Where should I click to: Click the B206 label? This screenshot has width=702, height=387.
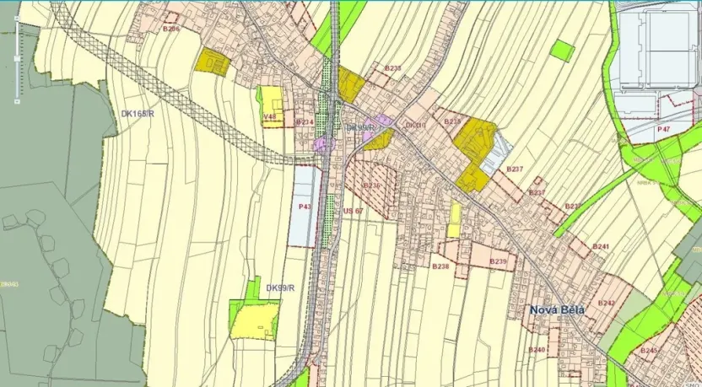[x=171, y=29]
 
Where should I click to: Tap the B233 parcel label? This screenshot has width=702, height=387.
[x=392, y=67]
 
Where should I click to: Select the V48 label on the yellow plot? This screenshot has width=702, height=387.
[x=270, y=116]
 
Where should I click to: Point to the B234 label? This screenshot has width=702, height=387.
[x=305, y=122]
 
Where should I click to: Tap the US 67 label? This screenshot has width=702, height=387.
[x=353, y=211]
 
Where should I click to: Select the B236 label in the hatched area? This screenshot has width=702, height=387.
[x=372, y=185]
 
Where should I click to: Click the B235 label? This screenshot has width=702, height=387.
[x=453, y=122]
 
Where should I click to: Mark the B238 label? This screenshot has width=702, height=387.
[x=440, y=266]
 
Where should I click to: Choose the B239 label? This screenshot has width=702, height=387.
[x=498, y=261]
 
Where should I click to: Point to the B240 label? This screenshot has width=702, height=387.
[x=537, y=349]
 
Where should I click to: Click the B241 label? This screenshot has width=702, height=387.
[x=601, y=246]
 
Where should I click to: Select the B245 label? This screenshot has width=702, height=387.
[x=649, y=349]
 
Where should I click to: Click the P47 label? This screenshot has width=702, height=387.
[x=664, y=129]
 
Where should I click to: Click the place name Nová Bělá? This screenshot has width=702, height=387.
[x=557, y=309]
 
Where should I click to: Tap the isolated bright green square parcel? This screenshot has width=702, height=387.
[x=562, y=51]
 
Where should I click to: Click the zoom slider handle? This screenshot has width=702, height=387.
[x=17, y=58]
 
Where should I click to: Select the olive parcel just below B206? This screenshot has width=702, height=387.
[x=213, y=62]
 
